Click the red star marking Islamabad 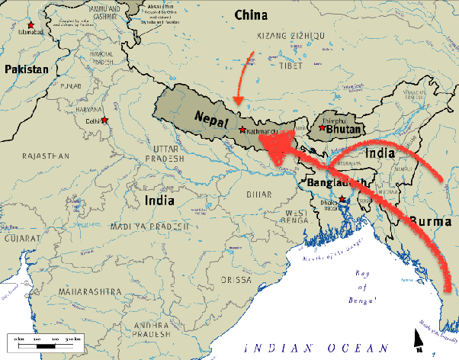[30, 25]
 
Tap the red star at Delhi [104, 121]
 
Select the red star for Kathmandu [242, 130]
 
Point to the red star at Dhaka [343, 200]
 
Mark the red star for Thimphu [323, 129]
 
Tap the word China [251, 14]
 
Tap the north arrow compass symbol [419, 337]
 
